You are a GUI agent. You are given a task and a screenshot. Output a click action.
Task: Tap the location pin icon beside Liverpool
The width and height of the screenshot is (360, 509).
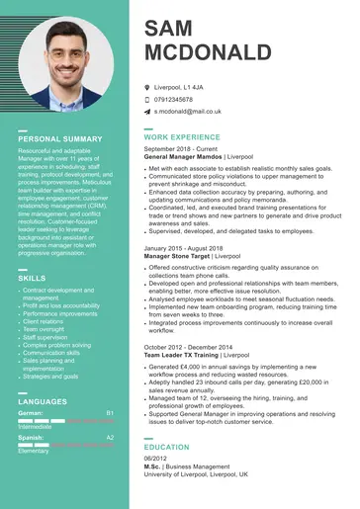[146, 88]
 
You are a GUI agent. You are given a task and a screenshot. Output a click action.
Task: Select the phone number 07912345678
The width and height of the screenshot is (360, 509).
[181, 100]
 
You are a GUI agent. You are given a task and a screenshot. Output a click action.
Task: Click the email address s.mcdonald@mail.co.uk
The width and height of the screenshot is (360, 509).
[194, 112]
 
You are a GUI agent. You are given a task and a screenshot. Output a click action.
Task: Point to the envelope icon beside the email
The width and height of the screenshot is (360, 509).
[146, 112]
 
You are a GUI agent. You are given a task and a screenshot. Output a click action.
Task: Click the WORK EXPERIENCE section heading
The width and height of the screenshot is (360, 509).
[182, 136]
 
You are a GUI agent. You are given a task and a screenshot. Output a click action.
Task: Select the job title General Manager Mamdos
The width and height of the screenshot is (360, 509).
[183, 156]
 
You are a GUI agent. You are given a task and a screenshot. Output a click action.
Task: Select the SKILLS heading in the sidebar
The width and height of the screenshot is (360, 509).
[33, 279]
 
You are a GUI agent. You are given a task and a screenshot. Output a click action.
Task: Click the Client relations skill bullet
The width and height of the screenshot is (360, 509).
[45, 322]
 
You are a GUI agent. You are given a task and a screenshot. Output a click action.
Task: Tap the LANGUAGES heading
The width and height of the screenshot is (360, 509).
[43, 401]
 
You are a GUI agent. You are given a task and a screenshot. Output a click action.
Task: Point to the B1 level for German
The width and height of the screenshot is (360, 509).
[110, 412]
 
